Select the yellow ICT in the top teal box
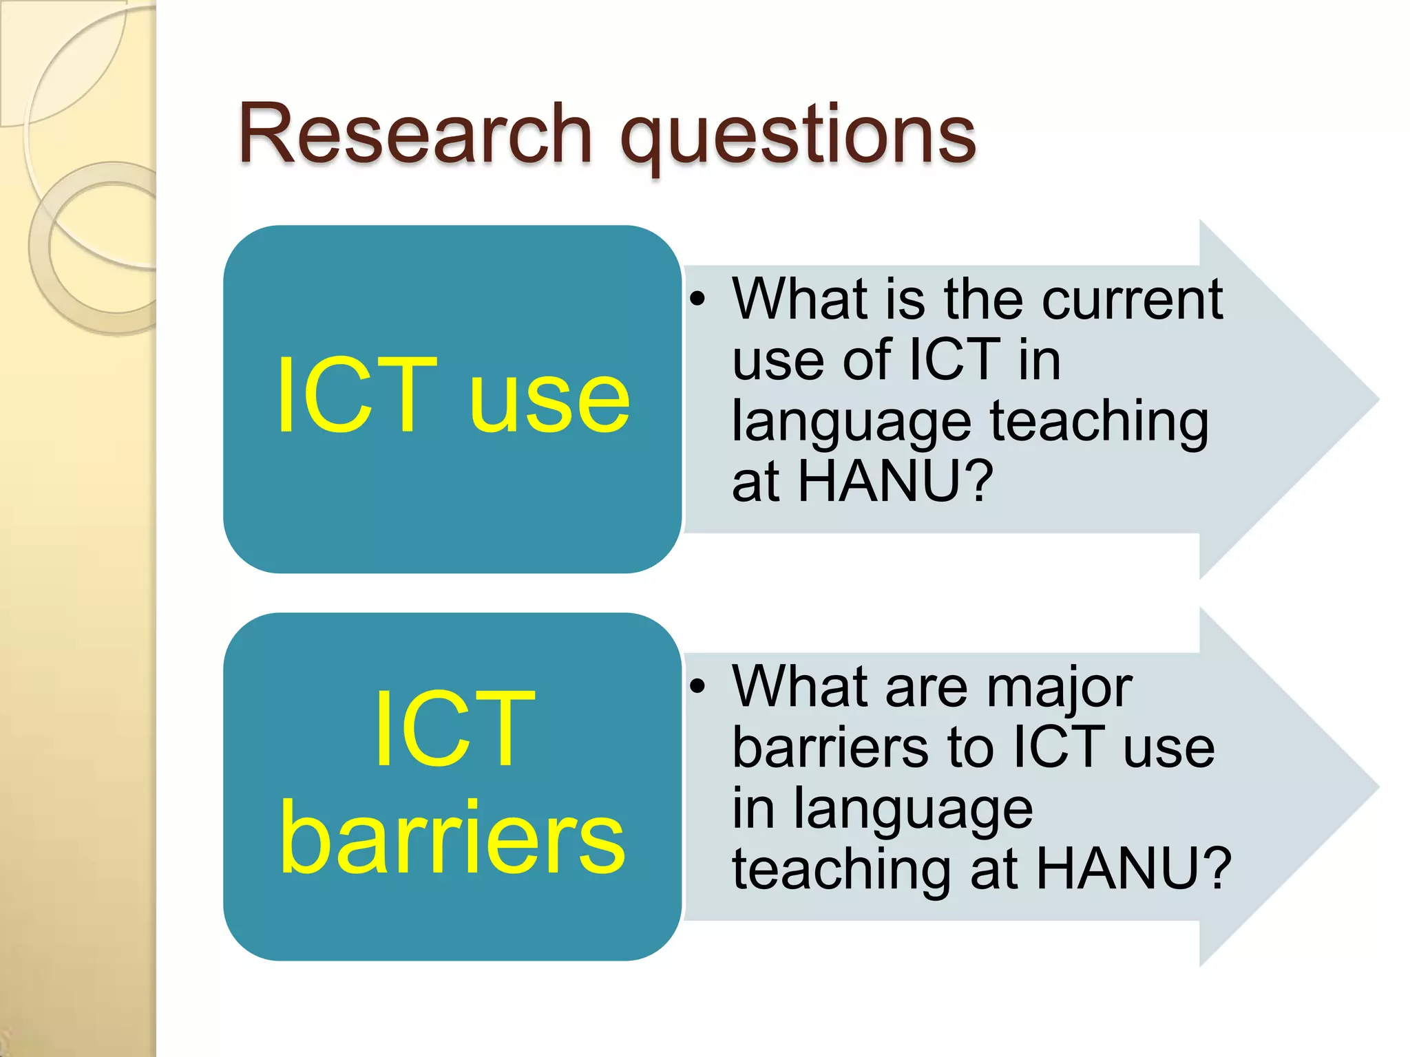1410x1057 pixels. [x=357, y=396]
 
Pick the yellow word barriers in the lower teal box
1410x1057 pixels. [x=452, y=839]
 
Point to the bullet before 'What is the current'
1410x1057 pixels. [x=698, y=299]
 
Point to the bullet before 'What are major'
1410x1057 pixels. [x=698, y=686]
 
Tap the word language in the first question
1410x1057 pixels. [x=851, y=423]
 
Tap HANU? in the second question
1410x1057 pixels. [x=1133, y=868]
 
